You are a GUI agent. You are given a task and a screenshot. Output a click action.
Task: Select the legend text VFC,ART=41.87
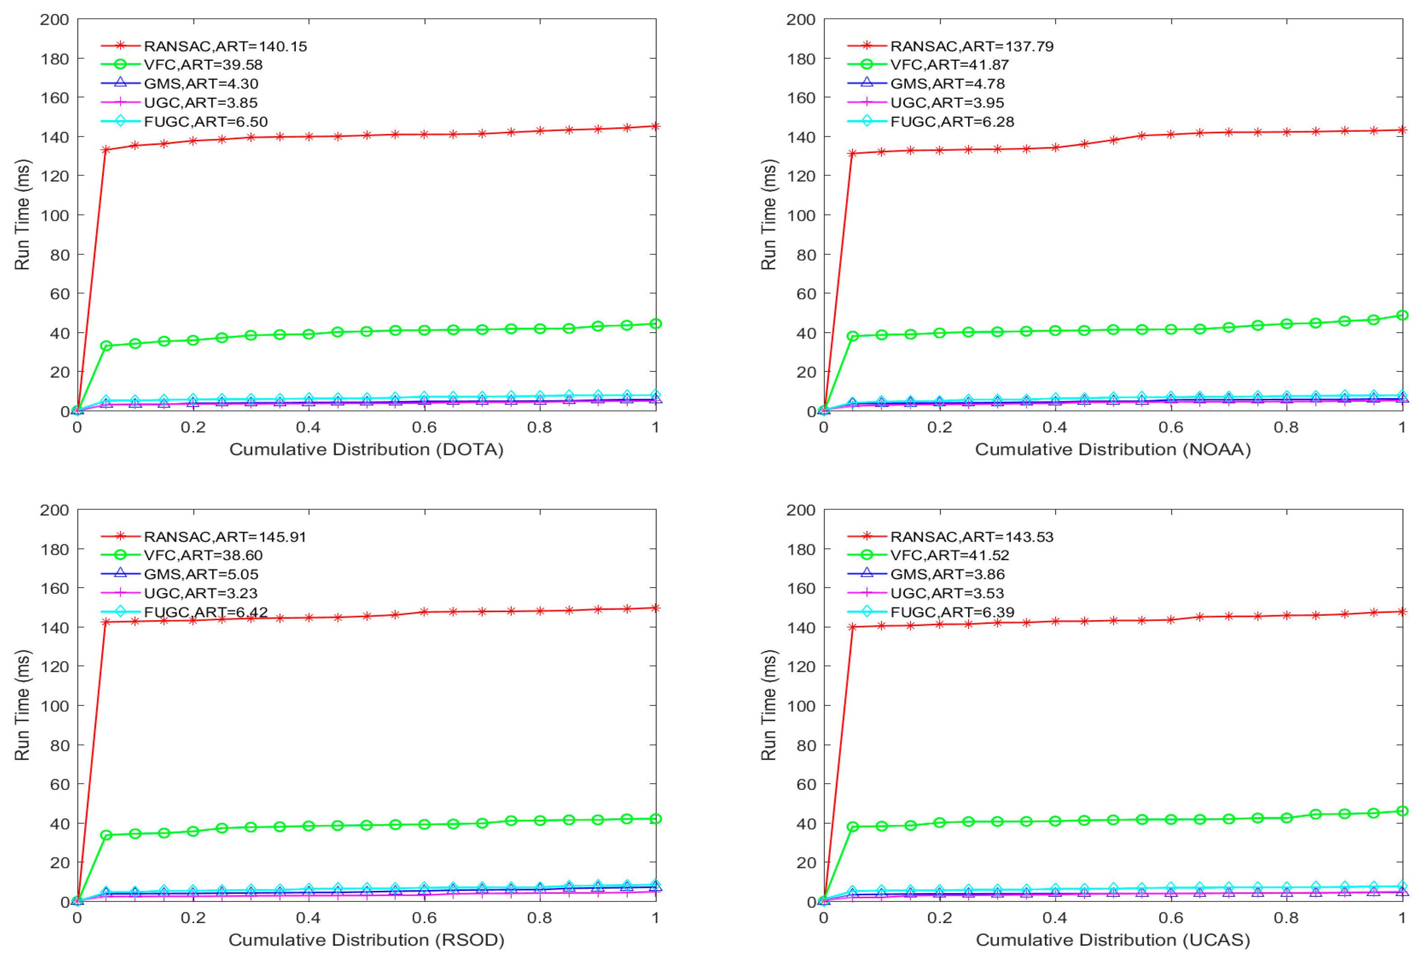tap(949, 65)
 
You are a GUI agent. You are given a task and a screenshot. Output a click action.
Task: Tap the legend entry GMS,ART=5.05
tap(200, 574)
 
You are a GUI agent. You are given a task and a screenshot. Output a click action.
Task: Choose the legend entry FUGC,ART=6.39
tap(952, 612)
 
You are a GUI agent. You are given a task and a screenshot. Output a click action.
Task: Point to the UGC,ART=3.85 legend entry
tap(200, 102)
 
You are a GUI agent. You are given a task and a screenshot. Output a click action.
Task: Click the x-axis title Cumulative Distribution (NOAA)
tap(1112, 450)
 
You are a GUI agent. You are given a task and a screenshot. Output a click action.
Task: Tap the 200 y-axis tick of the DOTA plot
tap(55, 19)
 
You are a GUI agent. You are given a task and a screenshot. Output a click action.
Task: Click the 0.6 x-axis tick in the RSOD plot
tap(424, 918)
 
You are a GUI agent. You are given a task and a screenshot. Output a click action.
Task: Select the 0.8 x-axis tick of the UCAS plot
tap(1286, 918)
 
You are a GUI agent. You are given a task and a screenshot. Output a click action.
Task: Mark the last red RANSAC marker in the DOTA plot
tap(655, 126)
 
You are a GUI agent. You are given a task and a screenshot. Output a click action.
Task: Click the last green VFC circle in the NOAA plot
tap(1402, 315)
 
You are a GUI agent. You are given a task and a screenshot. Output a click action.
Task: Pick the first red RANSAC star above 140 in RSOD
tap(106, 622)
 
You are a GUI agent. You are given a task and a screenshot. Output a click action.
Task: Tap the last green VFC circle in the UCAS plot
tap(1402, 811)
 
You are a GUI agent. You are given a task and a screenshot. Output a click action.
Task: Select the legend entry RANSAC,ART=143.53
tap(971, 537)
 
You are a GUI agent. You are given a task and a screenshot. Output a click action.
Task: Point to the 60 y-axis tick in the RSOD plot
tap(60, 784)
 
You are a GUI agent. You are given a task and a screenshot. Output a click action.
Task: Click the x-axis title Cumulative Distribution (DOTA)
tap(366, 450)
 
